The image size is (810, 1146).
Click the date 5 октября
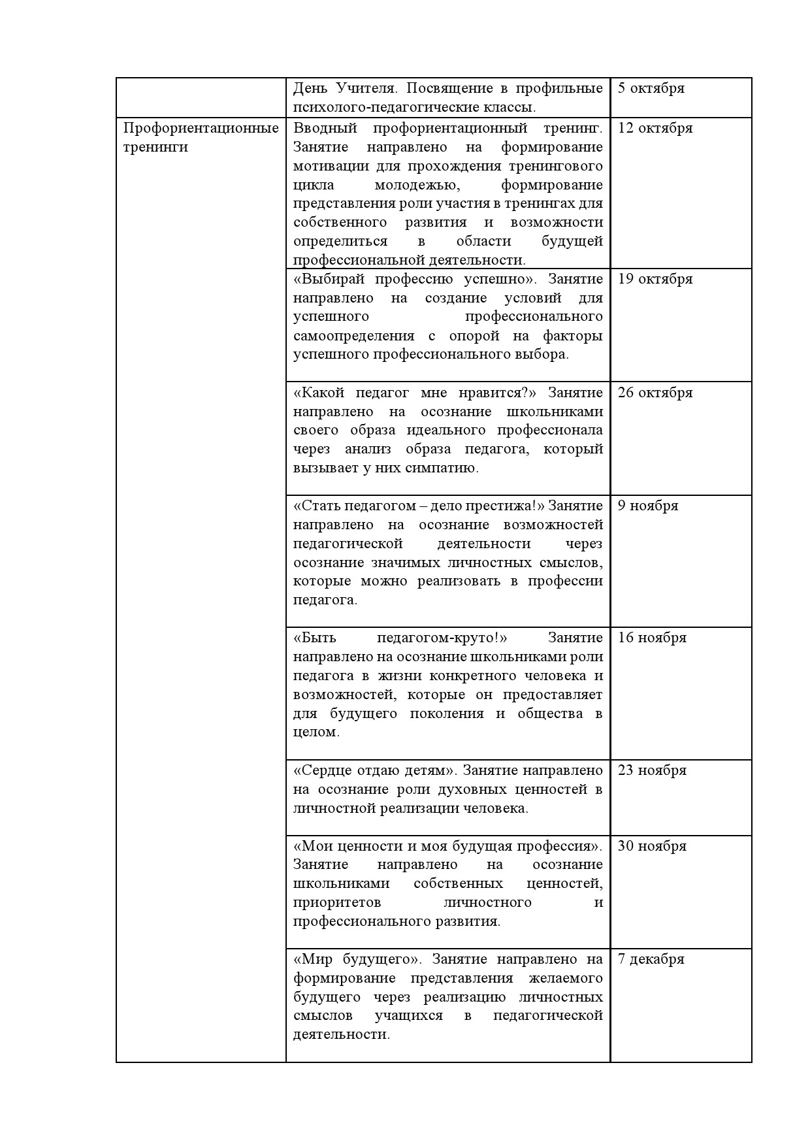[651, 88]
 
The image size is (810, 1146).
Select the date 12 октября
[655, 128]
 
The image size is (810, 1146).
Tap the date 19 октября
[655, 279]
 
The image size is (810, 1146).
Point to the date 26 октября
[655, 393]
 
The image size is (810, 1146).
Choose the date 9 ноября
[648, 506]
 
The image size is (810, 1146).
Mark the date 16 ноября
[652, 638]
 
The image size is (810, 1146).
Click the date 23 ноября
[652, 770]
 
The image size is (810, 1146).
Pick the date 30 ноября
[652, 846]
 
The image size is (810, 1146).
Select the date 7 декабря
[651, 959]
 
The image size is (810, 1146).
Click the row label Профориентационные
[201, 128]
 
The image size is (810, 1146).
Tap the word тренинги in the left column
[155, 147]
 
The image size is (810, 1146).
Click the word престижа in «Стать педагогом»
[504, 506]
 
